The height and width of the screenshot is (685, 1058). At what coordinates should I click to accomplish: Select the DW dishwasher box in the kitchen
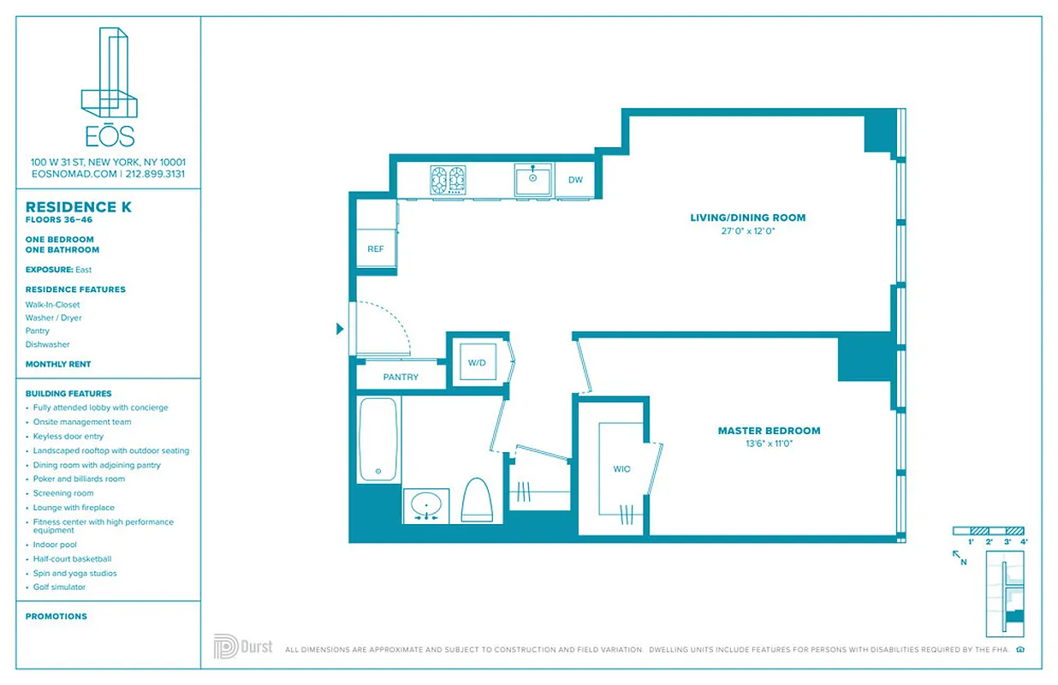[x=575, y=180]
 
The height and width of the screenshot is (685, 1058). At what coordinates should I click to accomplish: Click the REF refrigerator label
[x=375, y=249]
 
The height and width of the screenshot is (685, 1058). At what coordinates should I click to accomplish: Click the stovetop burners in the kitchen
[x=448, y=180]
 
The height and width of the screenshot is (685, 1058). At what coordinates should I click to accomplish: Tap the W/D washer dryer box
[x=477, y=362]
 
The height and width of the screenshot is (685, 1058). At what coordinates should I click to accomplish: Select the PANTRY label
[x=400, y=377]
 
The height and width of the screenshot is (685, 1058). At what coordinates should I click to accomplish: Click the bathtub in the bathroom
[x=378, y=438]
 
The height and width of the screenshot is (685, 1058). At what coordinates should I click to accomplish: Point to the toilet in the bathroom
[x=477, y=500]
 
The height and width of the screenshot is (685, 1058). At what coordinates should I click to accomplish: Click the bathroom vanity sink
[x=425, y=504]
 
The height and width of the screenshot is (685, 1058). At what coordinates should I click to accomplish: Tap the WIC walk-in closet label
[x=621, y=469]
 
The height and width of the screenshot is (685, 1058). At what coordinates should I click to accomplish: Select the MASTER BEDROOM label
[x=768, y=431]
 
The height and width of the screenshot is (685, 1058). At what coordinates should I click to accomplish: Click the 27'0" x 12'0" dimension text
[x=747, y=231]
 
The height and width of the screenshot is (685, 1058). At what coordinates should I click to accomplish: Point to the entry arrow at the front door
[x=340, y=329]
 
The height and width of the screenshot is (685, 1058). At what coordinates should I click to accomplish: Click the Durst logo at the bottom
[x=243, y=646]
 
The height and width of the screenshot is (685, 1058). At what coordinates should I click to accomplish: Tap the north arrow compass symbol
[x=960, y=557]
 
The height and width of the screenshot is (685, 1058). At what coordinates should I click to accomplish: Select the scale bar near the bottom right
[x=989, y=532]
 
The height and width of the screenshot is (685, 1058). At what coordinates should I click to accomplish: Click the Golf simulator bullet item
[x=59, y=587]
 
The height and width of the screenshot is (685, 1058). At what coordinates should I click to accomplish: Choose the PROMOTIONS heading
[x=56, y=616]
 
